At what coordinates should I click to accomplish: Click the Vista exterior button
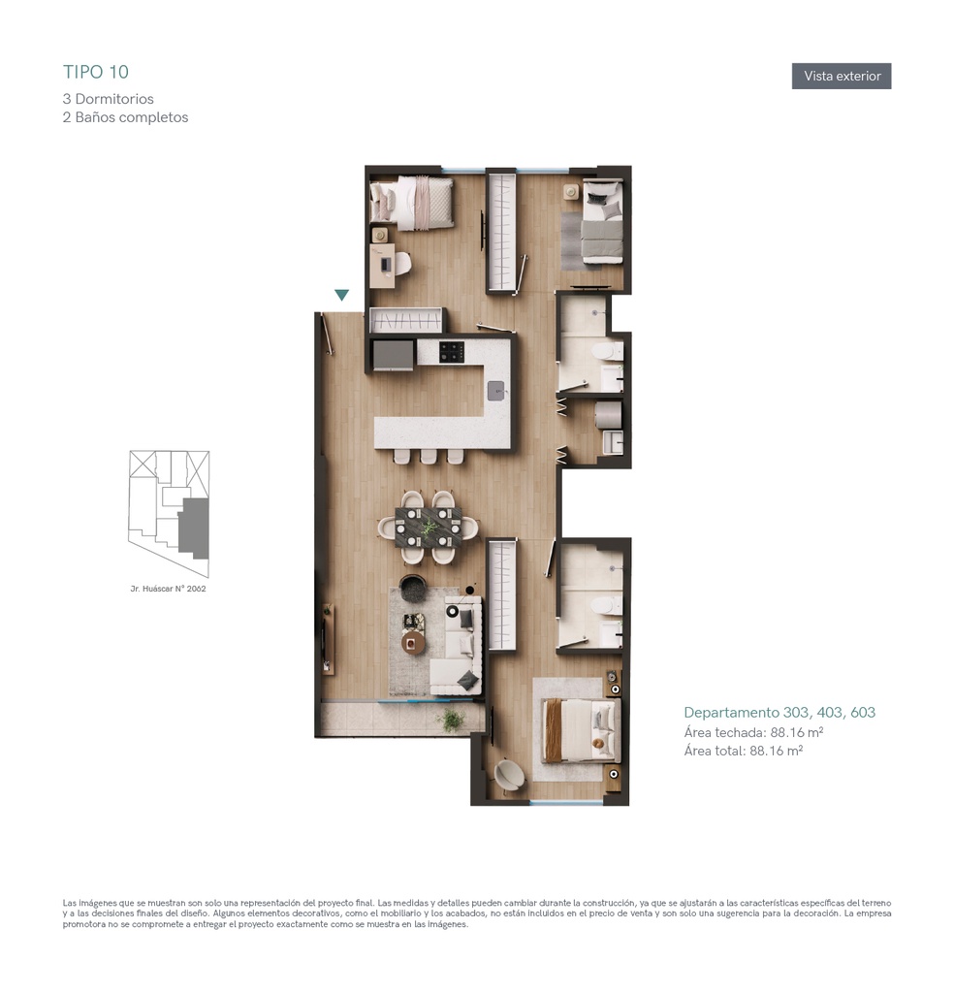pos(842,76)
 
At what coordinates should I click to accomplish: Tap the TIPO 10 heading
pos(96,72)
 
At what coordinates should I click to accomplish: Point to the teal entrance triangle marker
pos(342,295)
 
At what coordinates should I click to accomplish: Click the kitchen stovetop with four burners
pos(452,352)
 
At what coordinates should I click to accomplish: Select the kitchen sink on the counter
pos(496,390)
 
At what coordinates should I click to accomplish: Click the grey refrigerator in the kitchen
pos(393,355)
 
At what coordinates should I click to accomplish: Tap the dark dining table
pos(429,527)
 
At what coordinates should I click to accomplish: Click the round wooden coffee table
pos(413,642)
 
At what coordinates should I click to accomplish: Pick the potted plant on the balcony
pos(451,720)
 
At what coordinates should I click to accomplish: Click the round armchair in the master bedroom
pos(509,775)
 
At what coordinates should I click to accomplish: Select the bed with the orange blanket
pos(581,730)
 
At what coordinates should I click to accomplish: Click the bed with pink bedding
pos(412,203)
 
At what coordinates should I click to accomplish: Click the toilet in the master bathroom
pos(607,606)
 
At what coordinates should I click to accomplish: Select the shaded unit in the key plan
pos(194,529)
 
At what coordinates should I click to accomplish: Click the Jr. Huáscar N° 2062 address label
pos(168,589)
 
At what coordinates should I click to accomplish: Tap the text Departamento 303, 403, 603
pos(779,713)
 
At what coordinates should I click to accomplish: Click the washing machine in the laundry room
pos(608,414)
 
